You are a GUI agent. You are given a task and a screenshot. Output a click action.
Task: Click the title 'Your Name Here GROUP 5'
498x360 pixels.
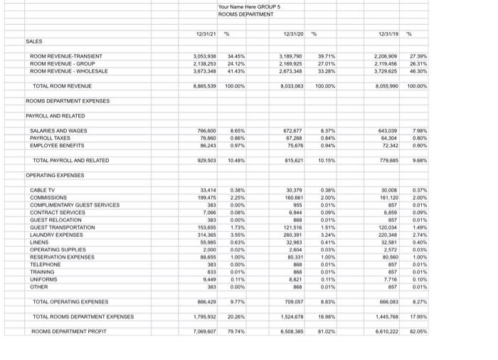point(249,7)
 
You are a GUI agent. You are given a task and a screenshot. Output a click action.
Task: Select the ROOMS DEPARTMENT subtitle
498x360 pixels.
point(245,14)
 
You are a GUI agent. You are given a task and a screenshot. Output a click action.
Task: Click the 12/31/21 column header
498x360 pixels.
point(206,33)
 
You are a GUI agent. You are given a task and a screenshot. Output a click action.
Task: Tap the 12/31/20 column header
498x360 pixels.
point(293,33)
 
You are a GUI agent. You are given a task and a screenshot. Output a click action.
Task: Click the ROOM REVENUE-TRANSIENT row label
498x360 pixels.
point(66,56)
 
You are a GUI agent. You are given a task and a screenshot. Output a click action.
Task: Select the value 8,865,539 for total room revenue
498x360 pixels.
point(204,86)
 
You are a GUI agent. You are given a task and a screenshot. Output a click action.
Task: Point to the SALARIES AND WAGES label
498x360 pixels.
point(58,131)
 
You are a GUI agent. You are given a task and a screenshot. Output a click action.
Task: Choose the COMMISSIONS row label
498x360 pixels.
point(49,198)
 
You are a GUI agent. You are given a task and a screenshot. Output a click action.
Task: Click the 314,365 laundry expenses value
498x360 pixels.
point(206,235)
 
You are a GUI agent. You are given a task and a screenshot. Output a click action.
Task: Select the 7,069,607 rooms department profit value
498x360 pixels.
point(204,332)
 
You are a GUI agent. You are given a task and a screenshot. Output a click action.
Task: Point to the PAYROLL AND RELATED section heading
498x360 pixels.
point(55,116)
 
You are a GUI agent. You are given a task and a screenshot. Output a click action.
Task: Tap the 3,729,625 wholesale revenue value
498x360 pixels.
point(386,71)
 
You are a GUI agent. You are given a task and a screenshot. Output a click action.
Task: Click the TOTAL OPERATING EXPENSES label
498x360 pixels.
point(70,302)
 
